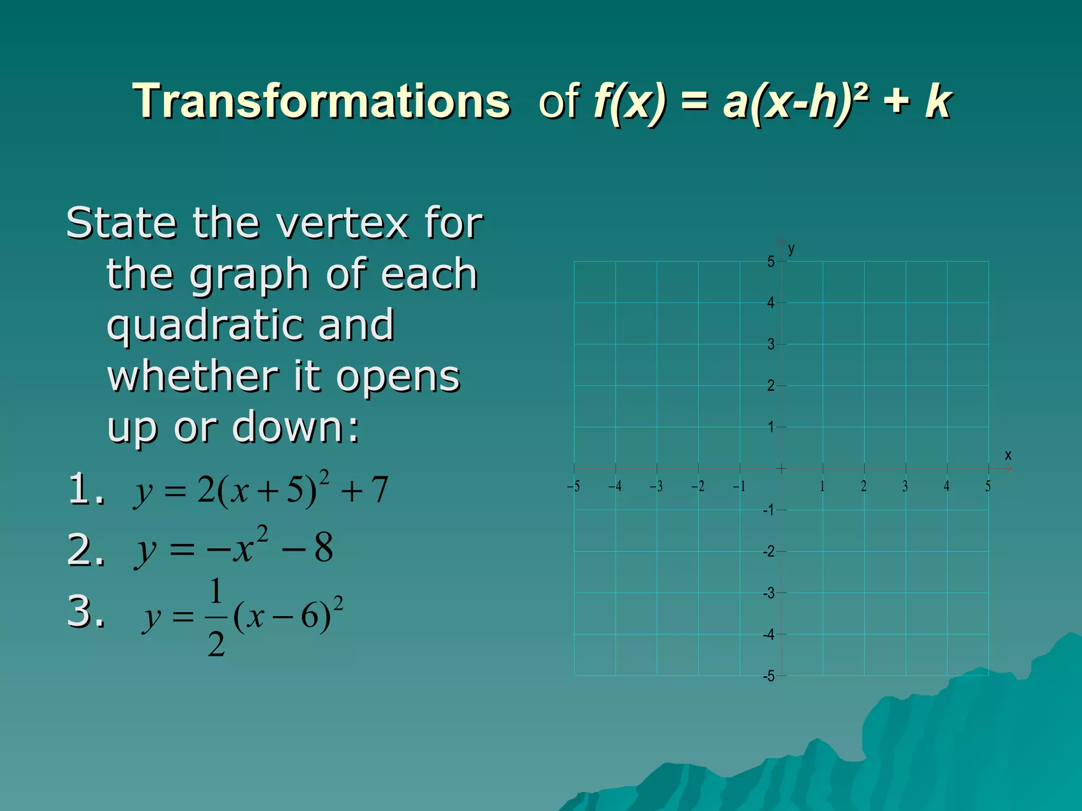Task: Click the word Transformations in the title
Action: click(x=322, y=101)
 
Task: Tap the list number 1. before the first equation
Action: click(x=86, y=488)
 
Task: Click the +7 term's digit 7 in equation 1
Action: click(x=379, y=489)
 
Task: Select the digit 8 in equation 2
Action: click(x=323, y=547)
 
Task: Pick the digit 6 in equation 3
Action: click(x=310, y=616)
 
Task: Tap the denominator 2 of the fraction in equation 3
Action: click(x=216, y=645)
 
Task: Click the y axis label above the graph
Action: click(x=791, y=248)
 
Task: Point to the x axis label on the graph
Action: click(x=1008, y=455)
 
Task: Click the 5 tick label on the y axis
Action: click(x=771, y=261)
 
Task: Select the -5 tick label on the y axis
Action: click(x=769, y=676)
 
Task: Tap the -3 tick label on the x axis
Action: click(x=656, y=486)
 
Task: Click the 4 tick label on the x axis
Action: click(x=947, y=486)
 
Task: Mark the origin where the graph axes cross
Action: click(x=781, y=468)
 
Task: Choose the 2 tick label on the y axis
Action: click(x=771, y=385)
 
